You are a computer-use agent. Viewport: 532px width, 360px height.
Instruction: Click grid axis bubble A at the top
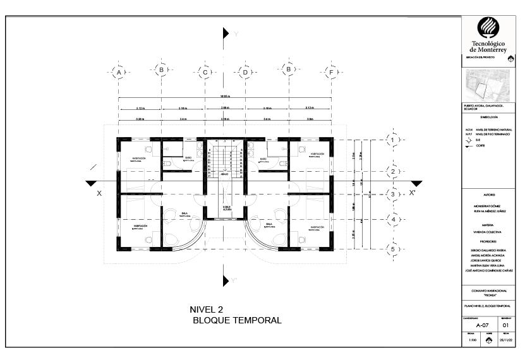[118, 73]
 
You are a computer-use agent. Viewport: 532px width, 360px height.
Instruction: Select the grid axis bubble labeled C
[205, 73]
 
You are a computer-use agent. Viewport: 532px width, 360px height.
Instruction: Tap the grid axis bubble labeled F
[330, 73]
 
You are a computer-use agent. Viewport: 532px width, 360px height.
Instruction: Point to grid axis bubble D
[245, 73]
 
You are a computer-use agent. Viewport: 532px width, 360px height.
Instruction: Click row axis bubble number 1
[392, 140]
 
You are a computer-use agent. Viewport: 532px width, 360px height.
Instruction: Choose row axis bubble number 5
[392, 249]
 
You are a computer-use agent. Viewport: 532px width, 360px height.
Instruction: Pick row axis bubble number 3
[392, 195]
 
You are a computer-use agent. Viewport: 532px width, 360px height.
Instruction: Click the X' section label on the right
[413, 193]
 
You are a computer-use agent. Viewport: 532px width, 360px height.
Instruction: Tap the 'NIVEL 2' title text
[207, 309]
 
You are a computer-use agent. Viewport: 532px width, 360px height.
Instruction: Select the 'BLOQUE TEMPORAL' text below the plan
[237, 320]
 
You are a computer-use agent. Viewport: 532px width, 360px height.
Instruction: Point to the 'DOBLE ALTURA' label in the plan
[226, 208]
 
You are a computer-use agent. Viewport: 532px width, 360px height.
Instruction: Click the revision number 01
[506, 326]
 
